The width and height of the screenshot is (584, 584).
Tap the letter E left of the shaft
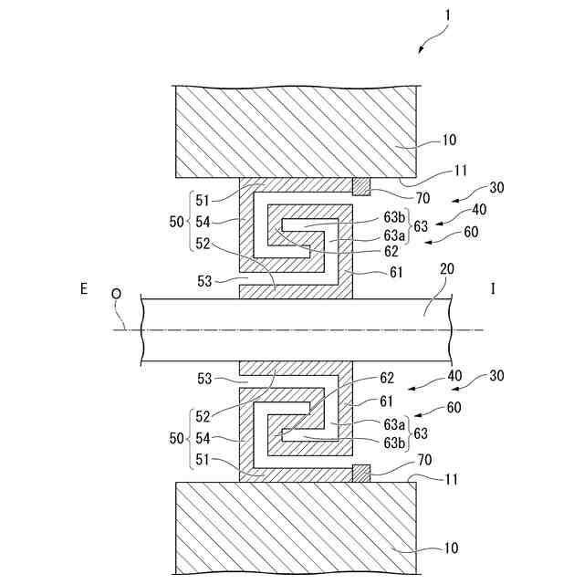click(x=83, y=289)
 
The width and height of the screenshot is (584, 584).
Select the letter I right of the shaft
click(x=493, y=289)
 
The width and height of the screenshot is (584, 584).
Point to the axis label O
click(x=116, y=295)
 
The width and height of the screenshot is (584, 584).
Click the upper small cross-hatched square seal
click(x=362, y=187)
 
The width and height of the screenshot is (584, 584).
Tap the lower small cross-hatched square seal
click(x=362, y=472)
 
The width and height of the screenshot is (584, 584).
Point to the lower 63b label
click(x=395, y=443)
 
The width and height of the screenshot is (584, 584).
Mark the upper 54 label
click(x=205, y=221)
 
